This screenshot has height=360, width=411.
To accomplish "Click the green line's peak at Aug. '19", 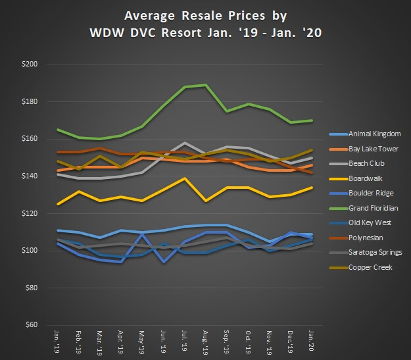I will (x=207, y=85).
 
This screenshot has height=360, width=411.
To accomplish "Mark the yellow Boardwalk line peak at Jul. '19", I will (x=187, y=178).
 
